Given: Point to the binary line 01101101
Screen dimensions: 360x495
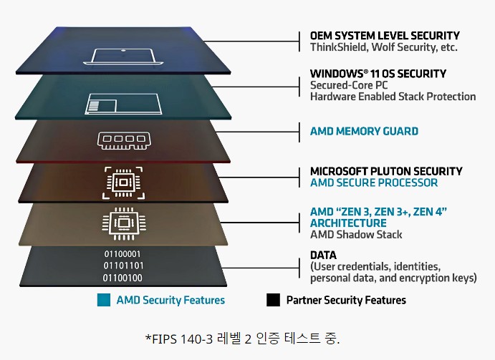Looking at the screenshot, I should tap(122, 266).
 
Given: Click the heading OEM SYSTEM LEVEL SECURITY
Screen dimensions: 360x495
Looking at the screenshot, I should tap(385, 36).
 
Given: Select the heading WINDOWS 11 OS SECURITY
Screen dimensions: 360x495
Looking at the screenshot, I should tap(378, 74).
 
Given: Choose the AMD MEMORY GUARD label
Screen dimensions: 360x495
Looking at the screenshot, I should tap(364, 131).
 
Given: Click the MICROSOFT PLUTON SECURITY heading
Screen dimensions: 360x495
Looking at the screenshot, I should tap(386, 172).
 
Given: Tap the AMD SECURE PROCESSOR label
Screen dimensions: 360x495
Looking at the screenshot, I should tap(373, 183).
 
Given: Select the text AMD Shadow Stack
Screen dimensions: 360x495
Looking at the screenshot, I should tap(356, 234).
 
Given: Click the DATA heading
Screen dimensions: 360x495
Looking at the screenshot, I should tap(323, 256).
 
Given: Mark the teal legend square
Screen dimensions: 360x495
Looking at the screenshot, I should tap(103, 301).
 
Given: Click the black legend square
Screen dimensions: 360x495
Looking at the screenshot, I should tap(273, 301).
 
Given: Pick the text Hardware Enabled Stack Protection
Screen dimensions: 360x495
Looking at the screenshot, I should tap(393, 97).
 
